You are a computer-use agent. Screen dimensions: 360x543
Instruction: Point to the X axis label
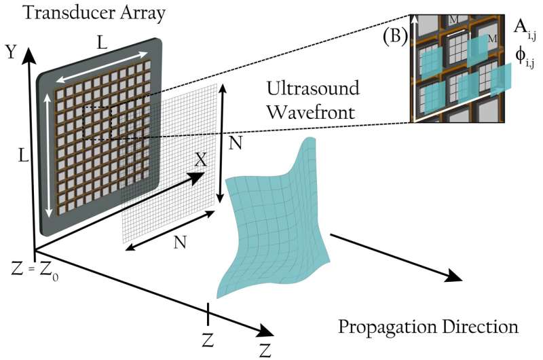(x=201, y=160)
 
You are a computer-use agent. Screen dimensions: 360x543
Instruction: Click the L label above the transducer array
(x=102, y=42)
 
